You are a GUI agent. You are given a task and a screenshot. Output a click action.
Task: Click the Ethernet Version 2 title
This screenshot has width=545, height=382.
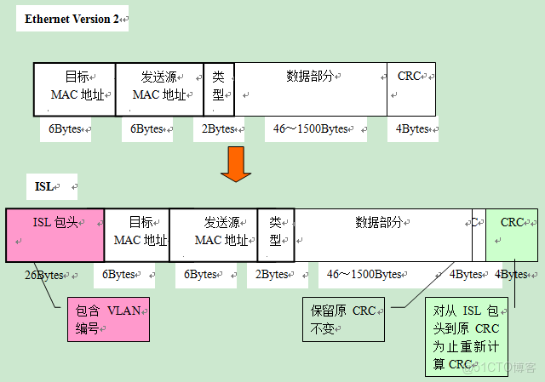pos(72,19)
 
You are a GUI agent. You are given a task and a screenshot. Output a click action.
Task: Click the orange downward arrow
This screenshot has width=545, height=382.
pos(236,163)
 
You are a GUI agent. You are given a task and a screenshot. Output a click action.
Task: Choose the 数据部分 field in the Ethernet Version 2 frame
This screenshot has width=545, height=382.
pos(311,88)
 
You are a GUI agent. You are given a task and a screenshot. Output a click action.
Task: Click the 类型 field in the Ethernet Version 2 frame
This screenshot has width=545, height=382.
pos(219,88)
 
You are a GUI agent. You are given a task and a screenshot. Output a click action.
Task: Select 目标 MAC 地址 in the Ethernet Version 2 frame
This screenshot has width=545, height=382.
pos(74,88)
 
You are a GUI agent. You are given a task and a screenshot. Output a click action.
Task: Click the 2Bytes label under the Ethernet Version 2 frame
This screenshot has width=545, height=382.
pos(218,129)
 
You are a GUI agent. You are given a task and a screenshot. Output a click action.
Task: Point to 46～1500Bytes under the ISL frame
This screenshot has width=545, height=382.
pos(364,275)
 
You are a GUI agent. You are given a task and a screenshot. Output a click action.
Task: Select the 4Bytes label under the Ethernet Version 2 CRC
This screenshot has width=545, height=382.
pos(413,129)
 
